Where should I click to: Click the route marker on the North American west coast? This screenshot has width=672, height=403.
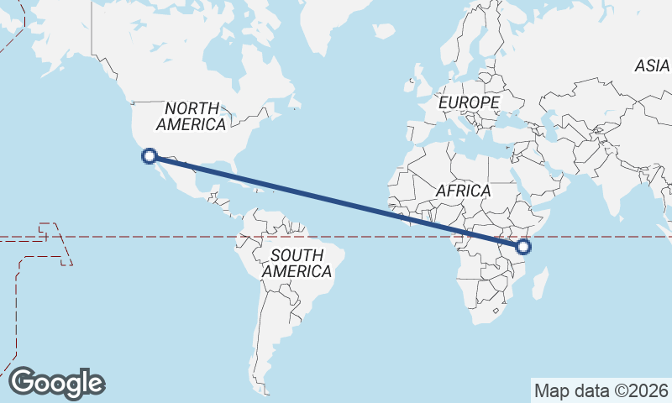click(150, 155)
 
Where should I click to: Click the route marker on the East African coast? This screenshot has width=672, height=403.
click(523, 247)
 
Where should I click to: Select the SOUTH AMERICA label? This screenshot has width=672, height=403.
click(297, 264)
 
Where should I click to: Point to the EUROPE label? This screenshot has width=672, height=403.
click(469, 102)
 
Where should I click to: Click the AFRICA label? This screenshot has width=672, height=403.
click(463, 191)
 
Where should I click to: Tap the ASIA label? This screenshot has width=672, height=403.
click(652, 65)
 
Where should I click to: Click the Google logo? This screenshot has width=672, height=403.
click(56, 382)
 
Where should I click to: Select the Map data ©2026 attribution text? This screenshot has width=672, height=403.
click(601, 390)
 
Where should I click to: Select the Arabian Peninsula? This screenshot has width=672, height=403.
click(545, 176)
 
